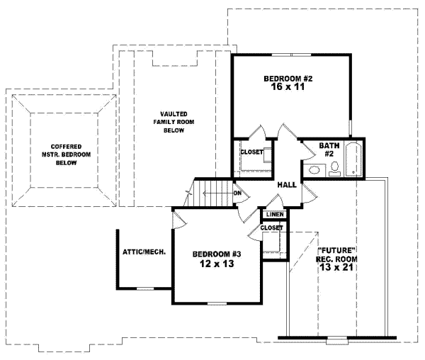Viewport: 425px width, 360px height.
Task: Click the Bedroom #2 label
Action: (288, 79)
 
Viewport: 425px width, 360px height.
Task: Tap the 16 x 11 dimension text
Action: (288, 86)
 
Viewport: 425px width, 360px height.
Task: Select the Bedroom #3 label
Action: (217, 254)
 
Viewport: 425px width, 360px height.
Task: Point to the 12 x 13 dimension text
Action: (217, 264)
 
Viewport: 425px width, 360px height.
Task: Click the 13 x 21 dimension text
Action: (336, 267)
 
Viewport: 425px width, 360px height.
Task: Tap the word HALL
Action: (287, 185)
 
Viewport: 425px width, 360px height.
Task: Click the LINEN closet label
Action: (275, 215)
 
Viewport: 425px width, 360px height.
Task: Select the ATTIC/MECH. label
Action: (144, 252)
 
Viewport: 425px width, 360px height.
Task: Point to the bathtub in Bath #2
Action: (353, 159)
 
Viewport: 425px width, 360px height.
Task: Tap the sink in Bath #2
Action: (314, 170)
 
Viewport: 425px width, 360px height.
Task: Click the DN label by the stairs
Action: (237, 193)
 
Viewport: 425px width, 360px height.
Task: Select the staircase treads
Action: (214, 193)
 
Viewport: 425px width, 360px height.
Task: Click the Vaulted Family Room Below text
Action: (174, 122)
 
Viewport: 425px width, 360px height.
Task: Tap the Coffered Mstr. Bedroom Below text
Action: (66, 154)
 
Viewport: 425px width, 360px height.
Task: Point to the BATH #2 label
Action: (329, 150)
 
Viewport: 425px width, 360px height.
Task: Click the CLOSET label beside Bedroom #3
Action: (271, 227)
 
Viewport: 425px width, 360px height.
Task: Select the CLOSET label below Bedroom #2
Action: (251, 152)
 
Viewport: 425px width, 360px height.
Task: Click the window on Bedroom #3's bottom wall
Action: (217, 303)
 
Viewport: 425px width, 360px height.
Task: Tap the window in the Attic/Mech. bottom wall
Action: (145, 288)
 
